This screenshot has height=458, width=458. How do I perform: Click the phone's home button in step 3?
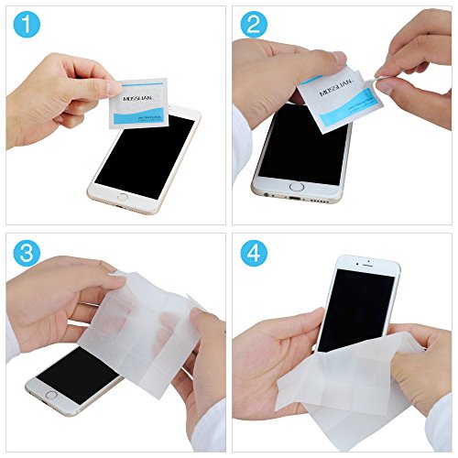(x=51, y=396)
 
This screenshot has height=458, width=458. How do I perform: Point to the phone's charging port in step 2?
(x=295, y=197)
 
